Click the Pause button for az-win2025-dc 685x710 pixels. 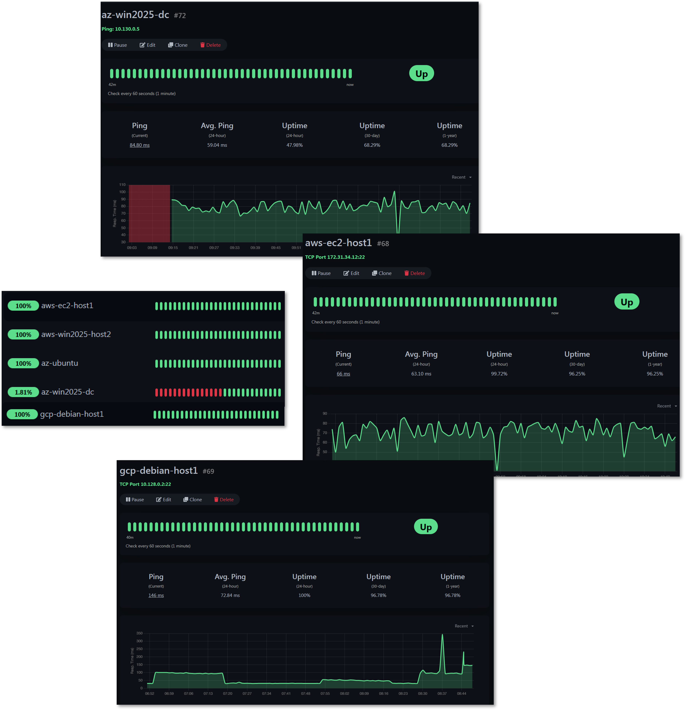(117, 45)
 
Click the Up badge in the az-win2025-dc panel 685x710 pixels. (421, 74)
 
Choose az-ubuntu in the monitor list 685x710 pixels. (59, 363)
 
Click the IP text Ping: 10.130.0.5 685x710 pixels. (120, 29)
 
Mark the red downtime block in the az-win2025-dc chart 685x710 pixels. (149, 214)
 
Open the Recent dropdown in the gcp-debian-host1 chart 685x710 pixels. (464, 626)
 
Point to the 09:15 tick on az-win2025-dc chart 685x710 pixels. (173, 248)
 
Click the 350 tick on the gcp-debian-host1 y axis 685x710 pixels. (139, 633)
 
